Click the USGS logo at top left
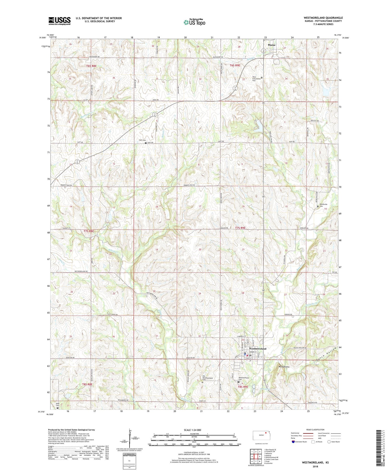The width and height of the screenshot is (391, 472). tap(59, 21)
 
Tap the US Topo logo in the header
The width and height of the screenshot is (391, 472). tap(194, 22)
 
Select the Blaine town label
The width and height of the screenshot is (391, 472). tap(271, 45)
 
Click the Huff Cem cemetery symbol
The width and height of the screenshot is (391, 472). tap(146, 143)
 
